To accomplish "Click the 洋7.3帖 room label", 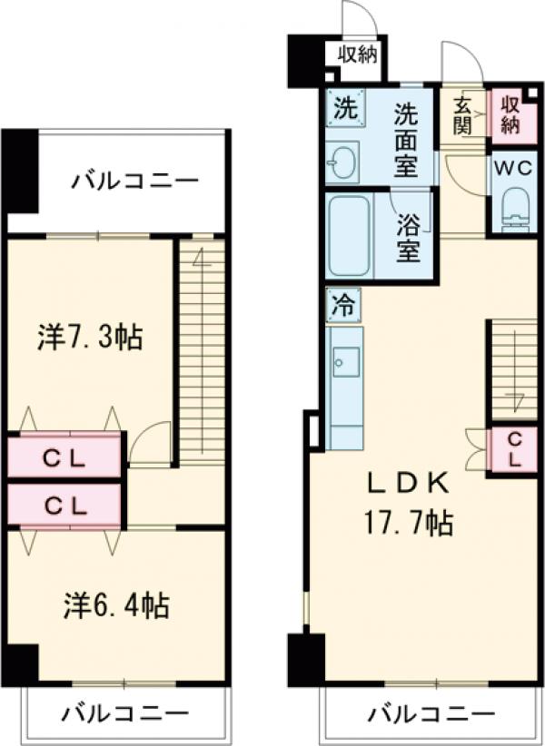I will [x=89, y=338].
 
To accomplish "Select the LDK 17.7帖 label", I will [x=408, y=505].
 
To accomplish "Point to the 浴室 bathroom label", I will [x=409, y=238].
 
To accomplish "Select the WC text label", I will [x=512, y=169].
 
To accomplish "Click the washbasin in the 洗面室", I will [x=343, y=163].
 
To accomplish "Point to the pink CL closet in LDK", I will [x=513, y=450].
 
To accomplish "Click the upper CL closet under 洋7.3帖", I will [x=65, y=457].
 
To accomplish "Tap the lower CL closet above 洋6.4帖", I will [x=65, y=505].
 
